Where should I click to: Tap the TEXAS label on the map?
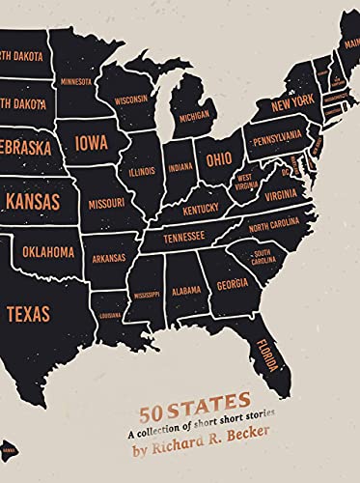click(x=28, y=314)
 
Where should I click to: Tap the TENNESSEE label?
click(x=180, y=235)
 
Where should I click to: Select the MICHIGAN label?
click(x=194, y=115)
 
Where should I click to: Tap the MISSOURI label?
click(x=106, y=204)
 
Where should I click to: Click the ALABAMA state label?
click(x=186, y=287)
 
